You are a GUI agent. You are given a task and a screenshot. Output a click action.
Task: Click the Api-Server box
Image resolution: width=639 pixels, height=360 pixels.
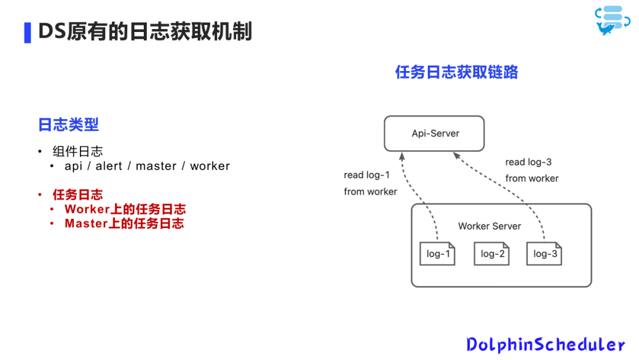click(x=434, y=133)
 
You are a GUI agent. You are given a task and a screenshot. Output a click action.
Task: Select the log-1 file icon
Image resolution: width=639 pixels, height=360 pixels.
click(x=438, y=254)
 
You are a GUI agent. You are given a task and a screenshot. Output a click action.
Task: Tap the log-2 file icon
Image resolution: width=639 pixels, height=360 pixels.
click(x=492, y=254)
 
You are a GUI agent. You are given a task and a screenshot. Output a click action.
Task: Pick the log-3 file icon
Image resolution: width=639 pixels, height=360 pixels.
click(x=544, y=254)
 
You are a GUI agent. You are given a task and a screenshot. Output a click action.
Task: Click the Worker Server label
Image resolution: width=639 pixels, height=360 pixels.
click(x=489, y=226)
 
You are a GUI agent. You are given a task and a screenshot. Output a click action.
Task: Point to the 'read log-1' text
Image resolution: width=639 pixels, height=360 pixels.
click(x=367, y=175)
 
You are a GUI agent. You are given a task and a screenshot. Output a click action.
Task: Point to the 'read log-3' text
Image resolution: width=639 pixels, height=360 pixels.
click(x=528, y=162)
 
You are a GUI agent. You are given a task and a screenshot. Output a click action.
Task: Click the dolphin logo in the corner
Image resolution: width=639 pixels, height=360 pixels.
click(x=609, y=21)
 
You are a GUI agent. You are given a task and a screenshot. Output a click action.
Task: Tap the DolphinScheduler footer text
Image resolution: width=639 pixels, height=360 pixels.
click(x=545, y=345)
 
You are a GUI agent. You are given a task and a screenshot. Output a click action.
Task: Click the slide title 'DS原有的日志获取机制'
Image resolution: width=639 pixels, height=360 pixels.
click(x=145, y=32)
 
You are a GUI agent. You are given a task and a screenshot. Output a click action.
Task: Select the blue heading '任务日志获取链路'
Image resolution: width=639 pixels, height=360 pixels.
click(x=456, y=72)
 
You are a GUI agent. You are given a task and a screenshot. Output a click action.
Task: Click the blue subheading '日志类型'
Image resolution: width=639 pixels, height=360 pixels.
click(x=68, y=124)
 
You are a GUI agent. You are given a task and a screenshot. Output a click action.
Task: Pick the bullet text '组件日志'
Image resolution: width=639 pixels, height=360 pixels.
click(x=78, y=152)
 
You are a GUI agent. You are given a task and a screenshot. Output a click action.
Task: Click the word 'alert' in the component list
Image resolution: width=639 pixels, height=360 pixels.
click(x=108, y=166)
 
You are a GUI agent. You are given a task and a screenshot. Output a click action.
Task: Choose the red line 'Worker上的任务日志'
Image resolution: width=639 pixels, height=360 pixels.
click(x=125, y=209)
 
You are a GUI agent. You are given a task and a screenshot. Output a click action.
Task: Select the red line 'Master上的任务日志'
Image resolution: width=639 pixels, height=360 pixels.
click(x=124, y=223)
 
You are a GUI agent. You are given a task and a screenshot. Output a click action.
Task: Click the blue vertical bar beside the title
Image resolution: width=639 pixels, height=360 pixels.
click(x=27, y=33)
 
